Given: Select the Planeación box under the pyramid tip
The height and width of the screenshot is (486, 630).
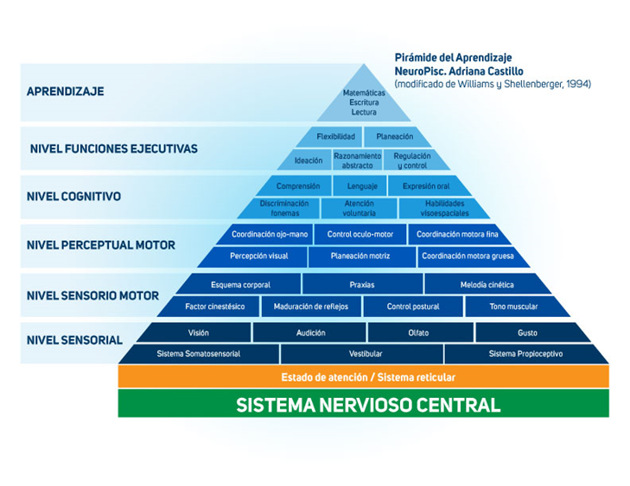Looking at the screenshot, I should tap(394, 136).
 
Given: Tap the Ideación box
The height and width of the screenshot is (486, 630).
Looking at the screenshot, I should tap(309, 161).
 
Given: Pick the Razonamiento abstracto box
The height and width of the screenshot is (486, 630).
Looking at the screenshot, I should tap(357, 161).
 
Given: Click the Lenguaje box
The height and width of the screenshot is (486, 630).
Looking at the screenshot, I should tap(362, 186).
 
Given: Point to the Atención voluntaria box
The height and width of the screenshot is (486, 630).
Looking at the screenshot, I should tap(360, 209).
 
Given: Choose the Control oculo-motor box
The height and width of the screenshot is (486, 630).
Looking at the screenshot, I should tap(360, 234).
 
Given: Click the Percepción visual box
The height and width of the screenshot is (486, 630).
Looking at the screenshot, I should tap(258, 256).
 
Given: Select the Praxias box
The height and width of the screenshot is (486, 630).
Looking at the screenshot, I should tap(362, 284).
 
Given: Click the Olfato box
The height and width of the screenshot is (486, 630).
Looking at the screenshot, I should tap(418, 332).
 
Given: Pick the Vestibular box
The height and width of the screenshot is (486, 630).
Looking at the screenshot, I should tap(362, 354).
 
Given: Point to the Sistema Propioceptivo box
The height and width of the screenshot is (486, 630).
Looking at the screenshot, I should tap(525, 354).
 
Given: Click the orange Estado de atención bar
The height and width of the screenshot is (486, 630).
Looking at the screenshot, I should tap(367, 377).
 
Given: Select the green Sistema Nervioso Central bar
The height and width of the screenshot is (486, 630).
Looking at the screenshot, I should tap(367, 404).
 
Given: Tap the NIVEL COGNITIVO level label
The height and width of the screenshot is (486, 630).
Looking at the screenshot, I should tap(74, 197).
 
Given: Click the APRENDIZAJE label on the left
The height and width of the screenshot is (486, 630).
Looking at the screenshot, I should tap(66, 91).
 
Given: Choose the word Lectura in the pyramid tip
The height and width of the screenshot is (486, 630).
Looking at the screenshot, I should tap(364, 112).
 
